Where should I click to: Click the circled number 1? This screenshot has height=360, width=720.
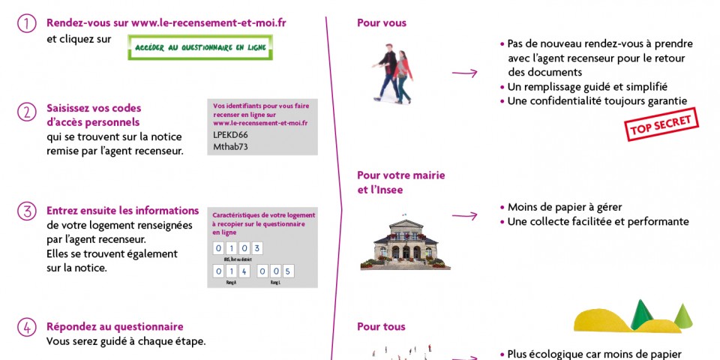pos(26,24)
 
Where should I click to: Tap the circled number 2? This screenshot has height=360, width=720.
pos(26,112)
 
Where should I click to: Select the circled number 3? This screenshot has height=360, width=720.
pos(26,212)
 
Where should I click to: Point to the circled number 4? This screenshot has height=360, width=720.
pos(26,328)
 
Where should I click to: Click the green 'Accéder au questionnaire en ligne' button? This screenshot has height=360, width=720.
pos(200,47)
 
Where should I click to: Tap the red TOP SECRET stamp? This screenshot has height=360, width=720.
pos(661,124)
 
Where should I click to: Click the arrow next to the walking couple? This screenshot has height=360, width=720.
pos(464,73)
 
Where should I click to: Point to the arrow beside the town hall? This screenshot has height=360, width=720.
pos(464,216)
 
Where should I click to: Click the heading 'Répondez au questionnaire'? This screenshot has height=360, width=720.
pos(115,327)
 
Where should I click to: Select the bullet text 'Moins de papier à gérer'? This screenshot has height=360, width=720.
pos(565,207)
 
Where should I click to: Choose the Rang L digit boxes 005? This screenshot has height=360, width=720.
pos(276,271)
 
